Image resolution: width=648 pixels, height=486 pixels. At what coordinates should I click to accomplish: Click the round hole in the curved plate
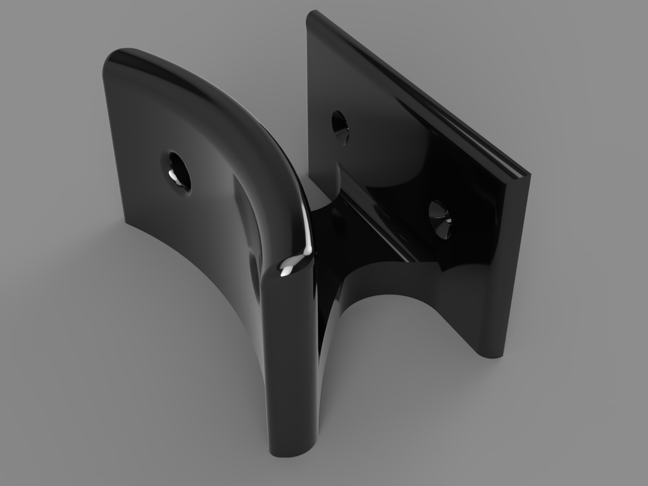pyautogui.click(x=178, y=170)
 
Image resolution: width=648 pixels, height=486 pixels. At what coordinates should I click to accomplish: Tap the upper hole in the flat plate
pyautogui.click(x=340, y=125)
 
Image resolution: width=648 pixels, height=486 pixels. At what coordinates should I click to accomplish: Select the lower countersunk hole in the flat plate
pyautogui.click(x=440, y=218)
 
